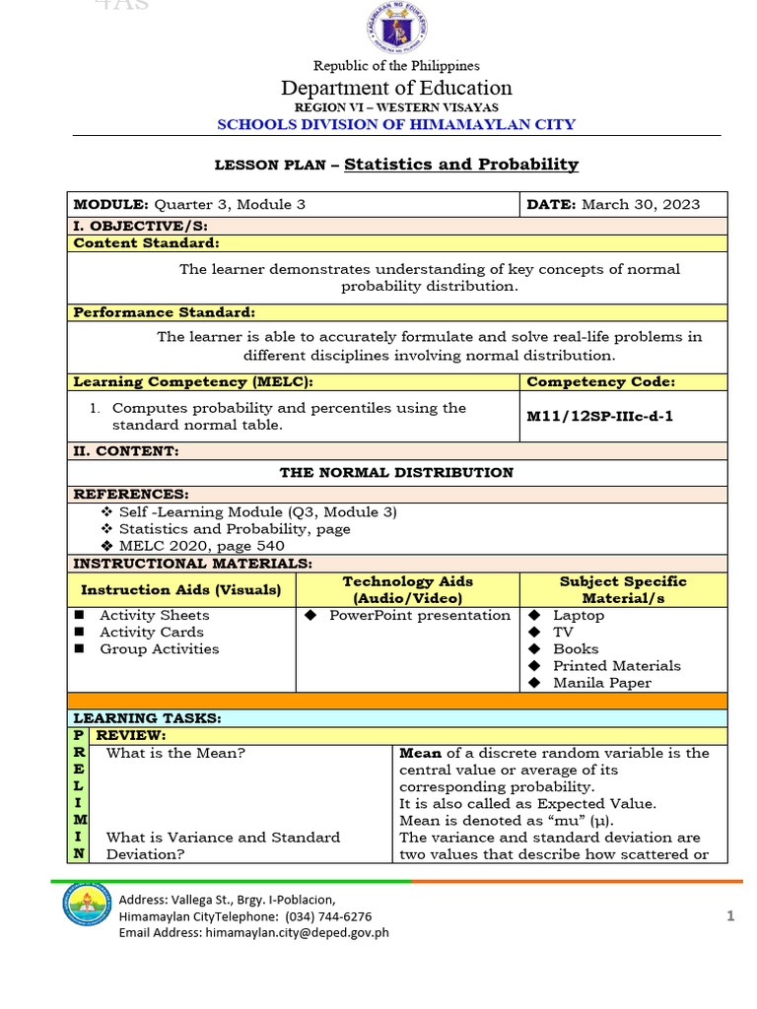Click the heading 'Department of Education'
pyautogui.click(x=396, y=88)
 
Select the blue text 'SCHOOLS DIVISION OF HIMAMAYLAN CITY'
pyautogui.click(x=395, y=124)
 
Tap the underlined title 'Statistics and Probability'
pyautogui.click(x=460, y=165)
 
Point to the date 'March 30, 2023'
pyautogui.click(x=641, y=204)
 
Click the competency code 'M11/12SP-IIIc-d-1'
pyautogui.click(x=600, y=417)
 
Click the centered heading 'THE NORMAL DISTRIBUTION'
pyautogui.click(x=396, y=472)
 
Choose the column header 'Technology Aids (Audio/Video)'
pyautogui.click(x=407, y=589)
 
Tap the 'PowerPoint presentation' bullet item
pyautogui.click(x=420, y=616)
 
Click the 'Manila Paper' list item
pyautogui.click(x=601, y=683)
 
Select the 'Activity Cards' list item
pyautogui.click(x=152, y=633)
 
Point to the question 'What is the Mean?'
pyautogui.click(x=175, y=753)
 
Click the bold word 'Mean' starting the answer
pyautogui.click(x=418, y=753)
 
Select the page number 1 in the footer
pyautogui.click(x=730, y=916)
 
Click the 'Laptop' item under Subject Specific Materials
pyautogui.click(x=579, y=616)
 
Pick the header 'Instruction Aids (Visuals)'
pyautogui.click(x=180, y=589)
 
